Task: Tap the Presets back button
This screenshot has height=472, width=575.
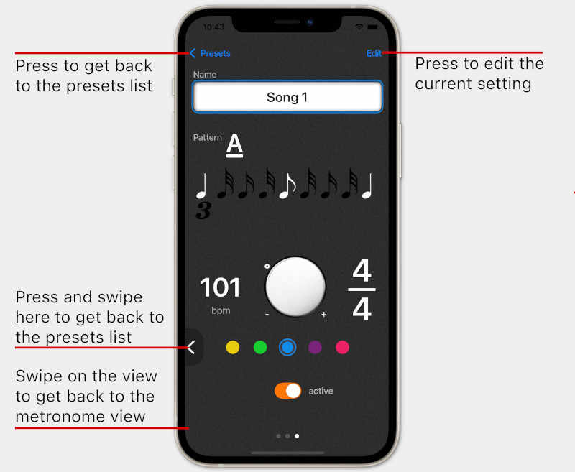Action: point(211,53)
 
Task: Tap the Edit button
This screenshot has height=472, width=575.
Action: point(374,53)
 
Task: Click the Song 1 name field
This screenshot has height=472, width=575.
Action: point(287,97)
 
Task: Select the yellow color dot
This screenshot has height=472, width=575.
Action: point(233,348)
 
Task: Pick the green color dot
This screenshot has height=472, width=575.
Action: point(260,348)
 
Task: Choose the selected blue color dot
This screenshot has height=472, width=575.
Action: point(287,348)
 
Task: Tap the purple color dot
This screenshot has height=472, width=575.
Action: point(315,348)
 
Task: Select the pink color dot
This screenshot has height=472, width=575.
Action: point(343,348)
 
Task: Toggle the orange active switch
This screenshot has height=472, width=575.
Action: point(287,391)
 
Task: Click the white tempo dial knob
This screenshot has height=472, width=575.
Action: point(295,285)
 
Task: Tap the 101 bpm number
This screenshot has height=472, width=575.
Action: point(220,287)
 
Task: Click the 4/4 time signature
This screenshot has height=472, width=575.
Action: point(362,290)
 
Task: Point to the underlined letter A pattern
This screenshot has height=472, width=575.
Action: point(234,144)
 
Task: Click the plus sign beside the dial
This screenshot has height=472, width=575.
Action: point(323,315)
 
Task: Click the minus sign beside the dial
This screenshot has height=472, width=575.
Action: point(267,315)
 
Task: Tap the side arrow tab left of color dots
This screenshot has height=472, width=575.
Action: point(191,348)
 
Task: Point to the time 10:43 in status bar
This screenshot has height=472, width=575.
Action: point(213,27)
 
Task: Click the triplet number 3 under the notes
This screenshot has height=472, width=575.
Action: point(203,211)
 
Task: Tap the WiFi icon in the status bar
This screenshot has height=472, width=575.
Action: point(359,27)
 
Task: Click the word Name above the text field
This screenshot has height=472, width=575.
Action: point(205,74)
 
